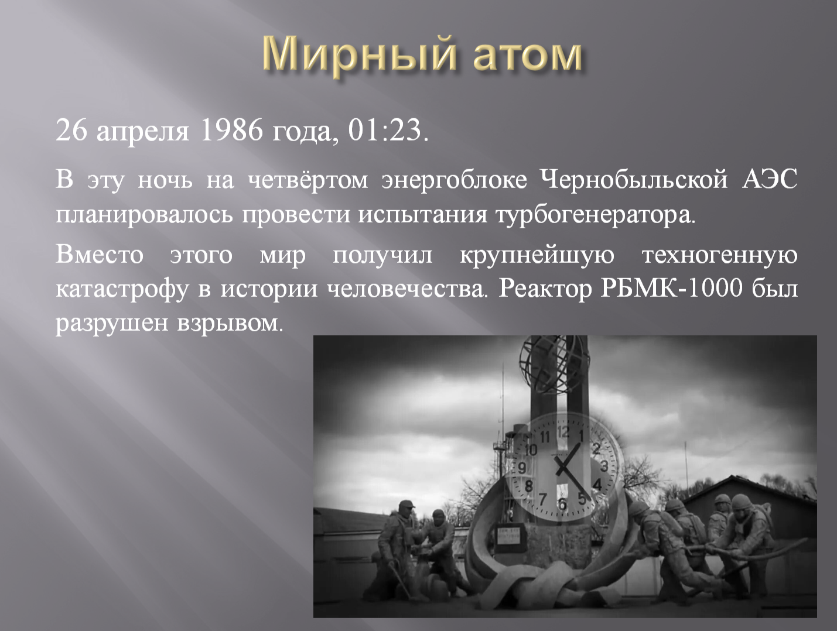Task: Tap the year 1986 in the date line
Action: coord(231,131)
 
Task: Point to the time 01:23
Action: coord(387,131)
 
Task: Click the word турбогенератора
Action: coord(593,217)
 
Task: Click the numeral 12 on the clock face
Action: coord(563,433)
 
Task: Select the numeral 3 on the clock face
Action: coord(604,465)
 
